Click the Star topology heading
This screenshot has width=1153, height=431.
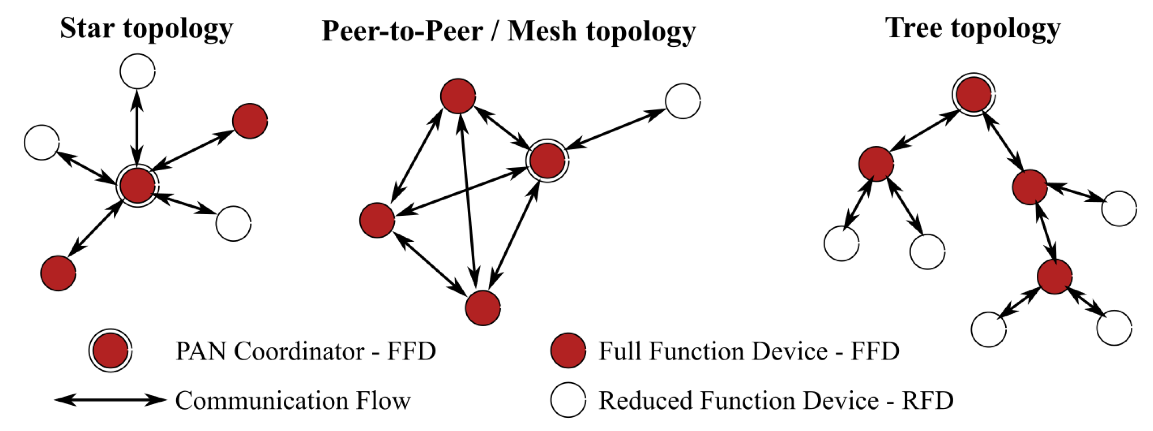pyautogui.click(x=146, y=29)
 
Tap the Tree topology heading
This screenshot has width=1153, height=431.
pyautogui.click(x=973, y=29)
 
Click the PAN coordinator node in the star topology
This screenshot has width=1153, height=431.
pyautogui.click(x=137, y=186)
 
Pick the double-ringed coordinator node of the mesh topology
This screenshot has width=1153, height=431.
pyautogui.click(x=547, y=160)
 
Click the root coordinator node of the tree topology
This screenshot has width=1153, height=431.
pyautogui.click(x=973, y=94)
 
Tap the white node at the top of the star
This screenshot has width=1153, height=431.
pyautogui.click(x=137, y=71)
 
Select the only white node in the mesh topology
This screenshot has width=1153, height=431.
pyautogui.click(x=683, y=101)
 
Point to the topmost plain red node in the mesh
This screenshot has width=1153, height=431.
pyautogui.click(x=458, y=96)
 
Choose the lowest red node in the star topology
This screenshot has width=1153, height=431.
pyautogui.click(x=58, y=273)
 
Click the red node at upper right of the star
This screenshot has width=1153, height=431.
pyautogui.click(x=250, y=121)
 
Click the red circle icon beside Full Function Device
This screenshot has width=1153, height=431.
pyautogui.click(x=568, y=350)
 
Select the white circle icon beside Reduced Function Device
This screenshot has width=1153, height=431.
pyautogui.click(x=568, y=400)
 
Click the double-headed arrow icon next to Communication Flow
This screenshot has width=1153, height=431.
pyautogui.click(x=110, y=400)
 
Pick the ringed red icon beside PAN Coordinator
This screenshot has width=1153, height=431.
pyautogui.click(x=110, y=351)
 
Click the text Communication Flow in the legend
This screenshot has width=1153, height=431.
pyautogui.click(x=293, y=400)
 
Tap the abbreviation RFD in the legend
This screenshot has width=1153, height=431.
pyautogui.click(x=928, y=400)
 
